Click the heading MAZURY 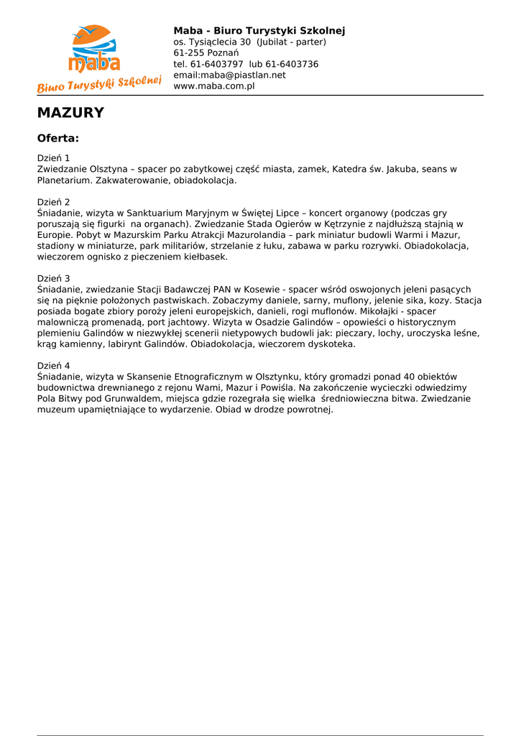[70, 113]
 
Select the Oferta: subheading [57, 138]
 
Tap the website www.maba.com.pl [214, 86]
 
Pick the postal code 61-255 [188, 53]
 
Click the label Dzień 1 [53, 158]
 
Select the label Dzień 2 [53, 203]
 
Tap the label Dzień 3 [53, 278]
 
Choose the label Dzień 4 [53, 366]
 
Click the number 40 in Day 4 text [408, 377]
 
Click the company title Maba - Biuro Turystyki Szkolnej [259, 31]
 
